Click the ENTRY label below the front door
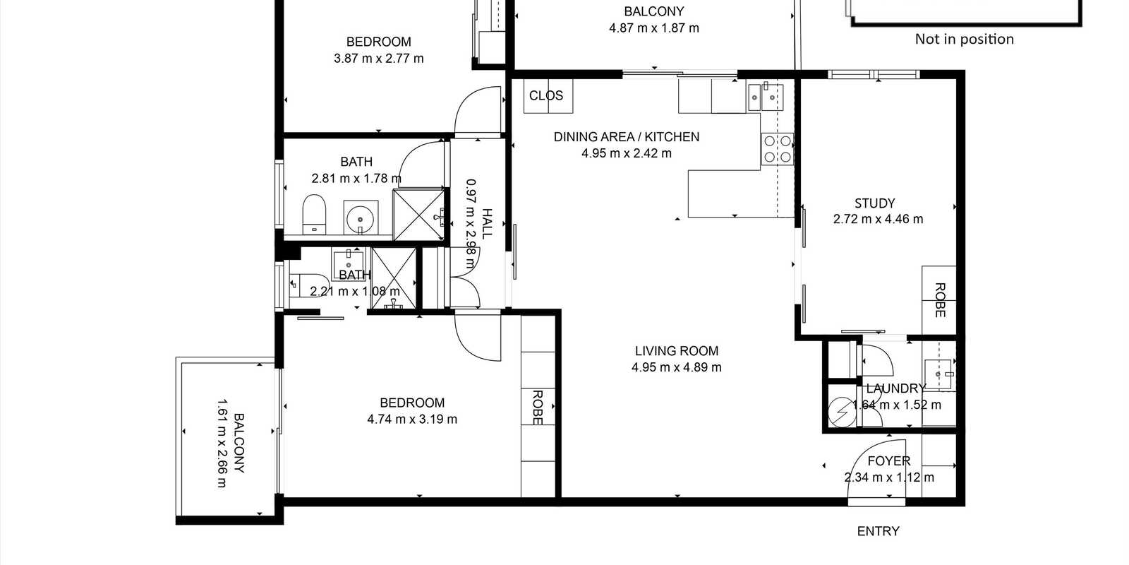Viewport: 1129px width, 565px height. click(x=878, y=531)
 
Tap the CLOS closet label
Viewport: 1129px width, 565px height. click(x=546, y=95)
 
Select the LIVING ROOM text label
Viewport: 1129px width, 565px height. click(x=676, y=350)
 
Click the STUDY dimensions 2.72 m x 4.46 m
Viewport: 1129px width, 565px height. click(x=878, y=219)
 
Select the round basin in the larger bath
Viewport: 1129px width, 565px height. click(x=360, y=216)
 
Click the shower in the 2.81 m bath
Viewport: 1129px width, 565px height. click(x=420, y=212)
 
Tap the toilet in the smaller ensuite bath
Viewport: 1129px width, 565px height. click(x=301, y=283)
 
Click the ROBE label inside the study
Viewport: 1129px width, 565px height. click(x=940, y=300)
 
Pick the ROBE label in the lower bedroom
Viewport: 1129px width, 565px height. click(x=537, y=408)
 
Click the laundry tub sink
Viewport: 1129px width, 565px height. click(x=939, y=374)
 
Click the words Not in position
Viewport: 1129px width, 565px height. click(x=964, y=40)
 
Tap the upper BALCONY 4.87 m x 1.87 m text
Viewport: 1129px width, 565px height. click(x=653, y=20)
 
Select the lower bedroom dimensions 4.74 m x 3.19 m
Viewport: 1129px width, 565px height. click(x=412, y=419)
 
